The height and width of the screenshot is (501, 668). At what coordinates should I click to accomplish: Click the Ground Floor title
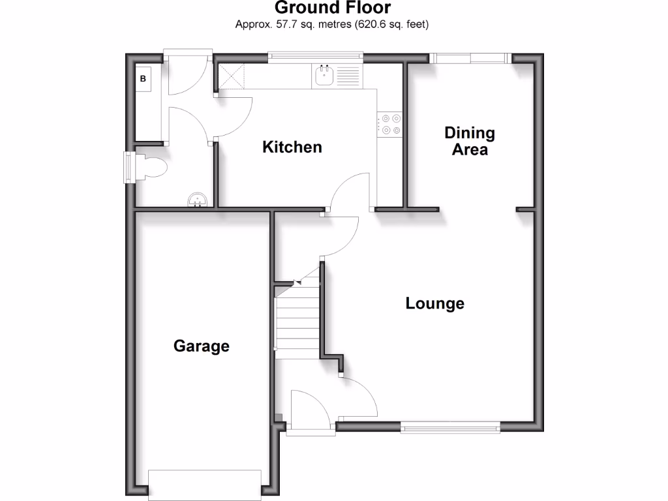tap(333, 8)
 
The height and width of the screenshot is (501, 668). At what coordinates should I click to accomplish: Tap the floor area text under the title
tap(333, 25)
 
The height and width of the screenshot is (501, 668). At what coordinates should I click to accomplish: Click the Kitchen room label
tap(292, 147)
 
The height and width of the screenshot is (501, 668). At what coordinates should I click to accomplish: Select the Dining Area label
tap(470, 141)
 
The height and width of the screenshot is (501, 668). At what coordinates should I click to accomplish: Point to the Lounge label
tap(435, 303)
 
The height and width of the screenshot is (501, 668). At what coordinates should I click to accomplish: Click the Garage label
tap(202, 346)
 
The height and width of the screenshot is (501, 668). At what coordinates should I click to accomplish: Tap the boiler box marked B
tap(144, 79)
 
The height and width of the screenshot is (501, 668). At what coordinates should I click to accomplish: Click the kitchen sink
tap(325, 76)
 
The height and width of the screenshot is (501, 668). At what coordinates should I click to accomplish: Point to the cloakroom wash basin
tap(196, 200)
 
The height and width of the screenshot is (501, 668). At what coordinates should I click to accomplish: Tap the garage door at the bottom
tap(205, 484)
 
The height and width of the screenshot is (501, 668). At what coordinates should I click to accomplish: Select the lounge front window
tap(451, 427)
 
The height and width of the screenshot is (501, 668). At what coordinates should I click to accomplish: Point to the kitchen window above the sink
tap(315, 57)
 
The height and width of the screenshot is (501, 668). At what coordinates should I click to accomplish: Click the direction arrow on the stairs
tap(297, 282)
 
